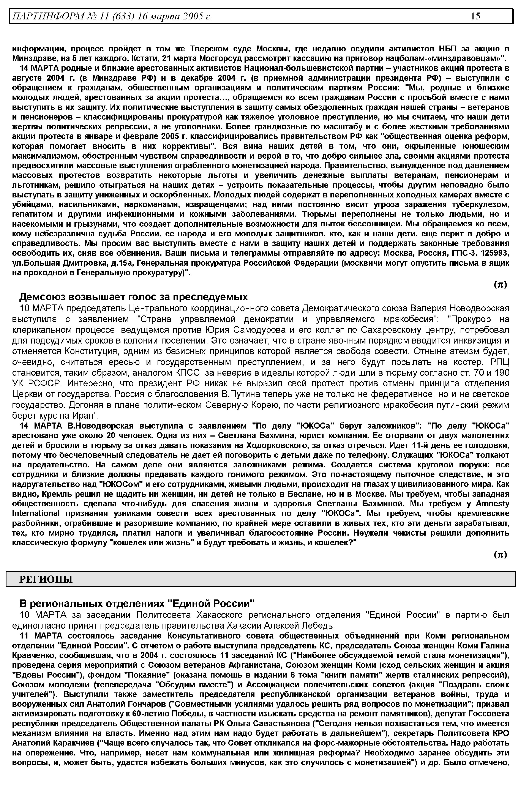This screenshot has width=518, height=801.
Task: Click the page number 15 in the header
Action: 475,16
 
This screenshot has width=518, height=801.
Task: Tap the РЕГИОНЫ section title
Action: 46,579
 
